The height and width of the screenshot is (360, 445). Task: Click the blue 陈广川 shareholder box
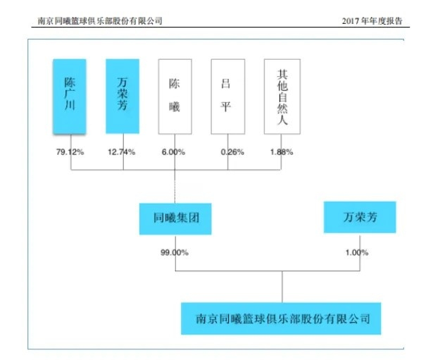tap(70, 97)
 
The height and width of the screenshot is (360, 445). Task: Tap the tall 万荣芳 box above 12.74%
tap(123, 97)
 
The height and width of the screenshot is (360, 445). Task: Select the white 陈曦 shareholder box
tap(175, 97)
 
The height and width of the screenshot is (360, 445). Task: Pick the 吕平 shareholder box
tap(228, 97)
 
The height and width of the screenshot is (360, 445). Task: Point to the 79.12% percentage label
tap(70, 151)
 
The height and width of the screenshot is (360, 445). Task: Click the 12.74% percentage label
tap(123, 151)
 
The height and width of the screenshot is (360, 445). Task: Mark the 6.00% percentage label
tap(175, 151)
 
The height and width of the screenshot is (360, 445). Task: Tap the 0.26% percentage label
tap(228, 151)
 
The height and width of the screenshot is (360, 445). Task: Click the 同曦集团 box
tap(175, 218)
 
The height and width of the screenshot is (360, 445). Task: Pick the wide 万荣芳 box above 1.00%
tap(360, 218)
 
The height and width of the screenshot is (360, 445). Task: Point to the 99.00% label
tap(175, 252)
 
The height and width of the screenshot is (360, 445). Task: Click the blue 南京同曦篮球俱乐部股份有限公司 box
tap(281, 318)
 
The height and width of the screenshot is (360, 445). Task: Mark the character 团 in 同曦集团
tap(195, 218)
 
